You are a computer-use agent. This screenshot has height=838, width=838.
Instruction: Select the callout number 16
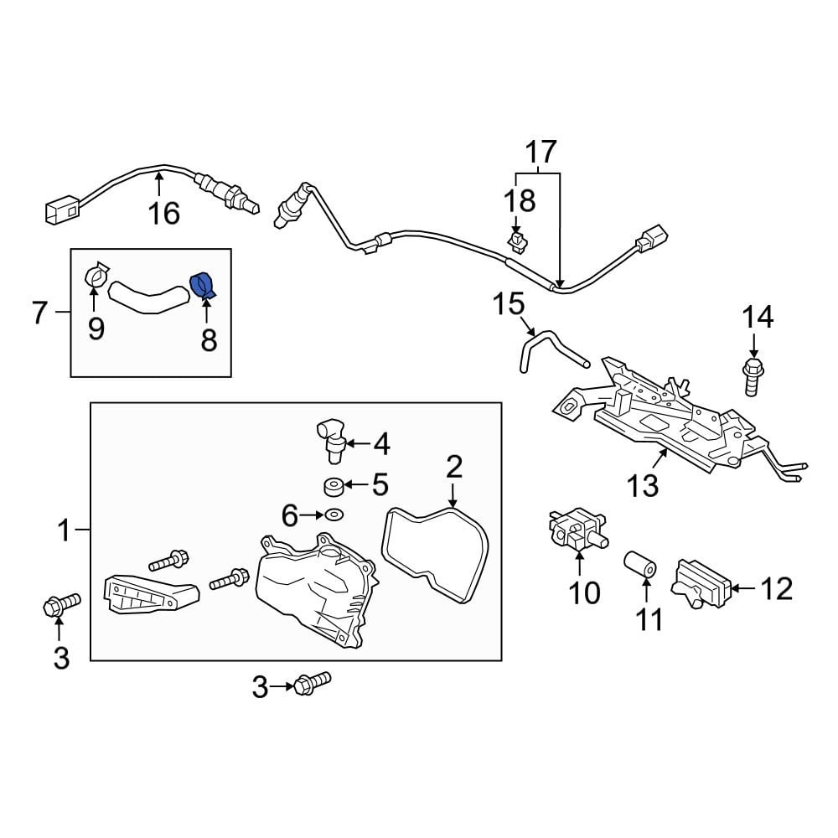[164, 214]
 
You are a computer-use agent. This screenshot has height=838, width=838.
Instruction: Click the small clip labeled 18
[519, 242]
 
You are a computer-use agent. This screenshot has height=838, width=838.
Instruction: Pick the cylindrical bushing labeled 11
[641, 569]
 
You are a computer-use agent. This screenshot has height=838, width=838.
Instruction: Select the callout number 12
[777, 588]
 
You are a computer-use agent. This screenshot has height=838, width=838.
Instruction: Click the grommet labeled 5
[333, 485]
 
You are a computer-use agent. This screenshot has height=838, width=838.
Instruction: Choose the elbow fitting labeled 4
[328, 437]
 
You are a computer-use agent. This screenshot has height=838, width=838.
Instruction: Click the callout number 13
[643, 485]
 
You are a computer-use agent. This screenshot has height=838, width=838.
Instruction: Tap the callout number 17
[541, 153]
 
